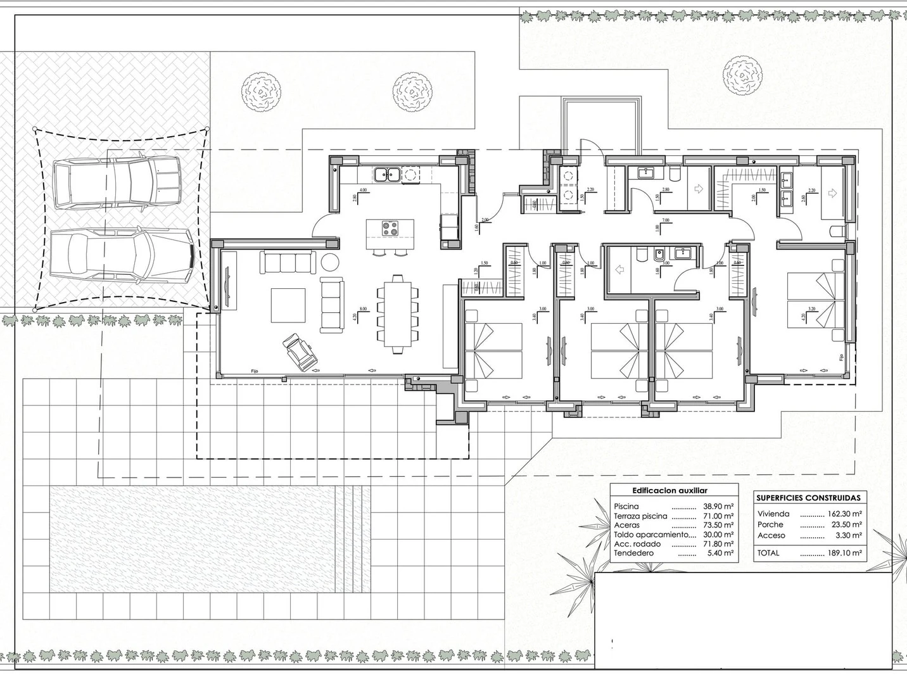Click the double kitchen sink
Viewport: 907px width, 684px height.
[386, 173]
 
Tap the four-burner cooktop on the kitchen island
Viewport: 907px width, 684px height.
[390, 229]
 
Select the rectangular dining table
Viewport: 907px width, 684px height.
[398, 314]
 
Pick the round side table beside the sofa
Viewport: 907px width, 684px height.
[330, 261]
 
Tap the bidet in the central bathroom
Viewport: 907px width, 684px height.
[659, 256]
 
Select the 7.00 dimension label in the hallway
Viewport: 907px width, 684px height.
[665, 220]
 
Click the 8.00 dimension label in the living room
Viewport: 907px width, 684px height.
[363, 309]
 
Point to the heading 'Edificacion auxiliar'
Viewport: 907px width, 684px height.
[669, 490]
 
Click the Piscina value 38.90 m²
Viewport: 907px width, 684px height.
[718, 507]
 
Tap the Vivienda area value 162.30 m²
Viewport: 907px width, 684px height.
[844, 514]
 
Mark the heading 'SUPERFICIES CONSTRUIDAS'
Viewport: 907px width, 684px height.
[808, 498]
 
